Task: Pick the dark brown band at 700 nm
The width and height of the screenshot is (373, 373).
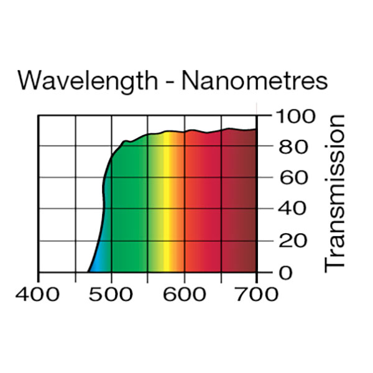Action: click(251, 205)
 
